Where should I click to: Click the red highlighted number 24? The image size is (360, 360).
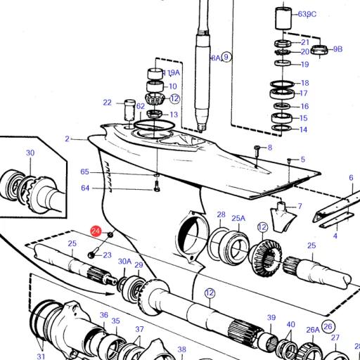[x=96, y=231]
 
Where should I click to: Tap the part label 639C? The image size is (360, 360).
[x=307, y=13]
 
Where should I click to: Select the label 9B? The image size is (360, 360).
[x=337, y=49]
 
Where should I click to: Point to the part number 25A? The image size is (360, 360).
[x=238, y=219]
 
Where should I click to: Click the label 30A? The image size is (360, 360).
[x=124, y=262]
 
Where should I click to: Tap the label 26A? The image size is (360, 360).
[x=312, y=329]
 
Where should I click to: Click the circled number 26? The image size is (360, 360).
[x=328, y=326]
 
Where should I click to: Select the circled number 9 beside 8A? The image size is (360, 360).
[x=226, y=57]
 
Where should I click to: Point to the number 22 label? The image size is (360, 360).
[x=107, y=103]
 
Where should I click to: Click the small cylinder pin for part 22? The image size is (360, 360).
[x=129, y=110]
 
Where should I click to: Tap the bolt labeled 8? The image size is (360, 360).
[x=257, y=148]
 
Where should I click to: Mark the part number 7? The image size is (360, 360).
[x=300, y=206]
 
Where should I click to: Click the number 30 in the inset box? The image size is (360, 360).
[x=30, y=153]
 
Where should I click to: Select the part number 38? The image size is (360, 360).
[x=181, y=349]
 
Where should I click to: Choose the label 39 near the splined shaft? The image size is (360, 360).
[x=271, y=318]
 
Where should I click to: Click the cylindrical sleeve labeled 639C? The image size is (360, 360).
[x=284, y=18]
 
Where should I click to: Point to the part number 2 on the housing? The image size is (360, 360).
[x=67, y=139]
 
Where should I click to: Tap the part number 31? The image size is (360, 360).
[x=41, y=356]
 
